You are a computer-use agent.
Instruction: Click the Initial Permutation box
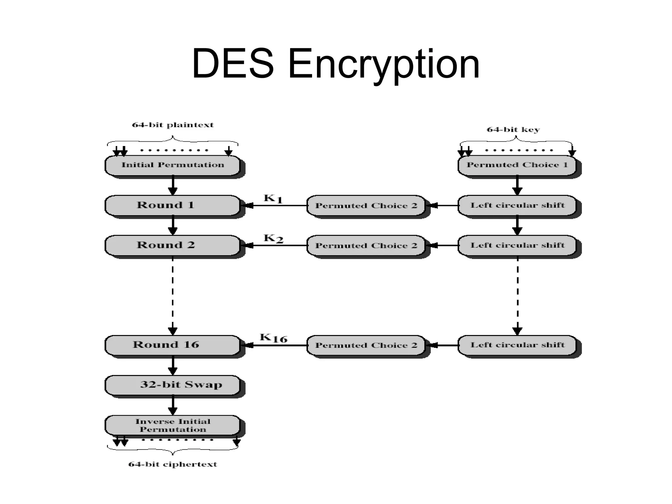pyautogui.click(x=173, y=165)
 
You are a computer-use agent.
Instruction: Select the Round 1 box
pyautogui.click(x=173, y=205)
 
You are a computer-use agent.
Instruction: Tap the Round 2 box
pyautogui.click(x=173, y=245)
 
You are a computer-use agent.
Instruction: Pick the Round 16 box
pyautogui.click(x=173, y=345)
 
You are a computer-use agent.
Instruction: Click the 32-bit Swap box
pyautogui.click(x=173, y=385)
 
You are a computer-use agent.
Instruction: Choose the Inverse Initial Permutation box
pyautogui.click(x=173, y=425)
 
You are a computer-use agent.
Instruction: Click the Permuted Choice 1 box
pyautogui.click(x=517, y=165)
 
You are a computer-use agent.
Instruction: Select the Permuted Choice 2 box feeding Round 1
pyautogui.click(x=366, y=206)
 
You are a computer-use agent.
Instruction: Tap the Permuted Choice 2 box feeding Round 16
pyautogui.click(x=366, y=345)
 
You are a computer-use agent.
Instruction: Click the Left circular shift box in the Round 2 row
pyautogui.click(x=517, y=245)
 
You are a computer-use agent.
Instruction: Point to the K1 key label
pyautogui.click(x=273, y=199)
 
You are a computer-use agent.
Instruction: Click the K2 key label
pyautogui.click(x=273, y=239)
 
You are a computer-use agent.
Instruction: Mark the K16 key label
pyautogui.click(x=273, y=338)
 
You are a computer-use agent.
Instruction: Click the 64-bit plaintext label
pyautogui.click(x=173, y=125)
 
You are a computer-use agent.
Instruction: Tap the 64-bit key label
pyautogui.click(x=513, y=130)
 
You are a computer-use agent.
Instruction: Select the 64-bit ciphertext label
pyautogui.click(x=173, y=464)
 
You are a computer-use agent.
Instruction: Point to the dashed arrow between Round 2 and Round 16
pyautogui.click(x=173, y=295)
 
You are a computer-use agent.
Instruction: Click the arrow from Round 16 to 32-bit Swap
pyautogui.click(x=173, y=365)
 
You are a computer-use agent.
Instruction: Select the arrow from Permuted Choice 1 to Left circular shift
pyautogui.click(x=517, y=185)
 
